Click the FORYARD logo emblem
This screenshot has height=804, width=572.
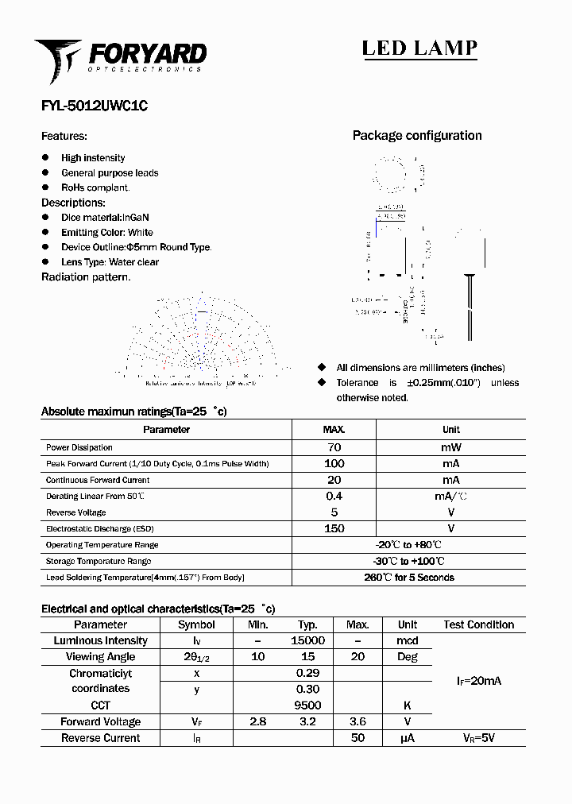coord(57,60)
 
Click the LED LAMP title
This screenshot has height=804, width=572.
coord(419,48)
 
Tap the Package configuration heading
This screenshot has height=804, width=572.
coord(417,136)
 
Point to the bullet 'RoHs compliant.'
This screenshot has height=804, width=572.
coord(95,187)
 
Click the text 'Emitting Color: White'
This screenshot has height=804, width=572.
coord(107,232)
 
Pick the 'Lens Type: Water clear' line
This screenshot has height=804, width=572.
coord(110,262)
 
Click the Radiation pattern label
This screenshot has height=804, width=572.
coord(86,277)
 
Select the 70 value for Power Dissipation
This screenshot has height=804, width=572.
coord(334,447)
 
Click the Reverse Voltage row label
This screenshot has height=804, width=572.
coord(76,512)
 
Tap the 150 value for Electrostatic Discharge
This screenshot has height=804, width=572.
coord(334,528)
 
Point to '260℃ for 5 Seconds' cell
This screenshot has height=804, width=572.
coord(409,578)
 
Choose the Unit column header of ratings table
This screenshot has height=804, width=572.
coord(451,430)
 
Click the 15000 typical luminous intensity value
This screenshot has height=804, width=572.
coord(307,640)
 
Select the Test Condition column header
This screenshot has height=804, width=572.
coord(479,624)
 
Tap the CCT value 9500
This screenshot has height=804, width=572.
coord(307,705)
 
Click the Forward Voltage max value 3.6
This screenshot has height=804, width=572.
coord(357,721)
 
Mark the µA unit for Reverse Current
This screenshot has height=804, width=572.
coord(408,738)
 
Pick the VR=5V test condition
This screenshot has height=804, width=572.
coord(479,738)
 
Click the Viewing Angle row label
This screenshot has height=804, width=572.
coord(100,657)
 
